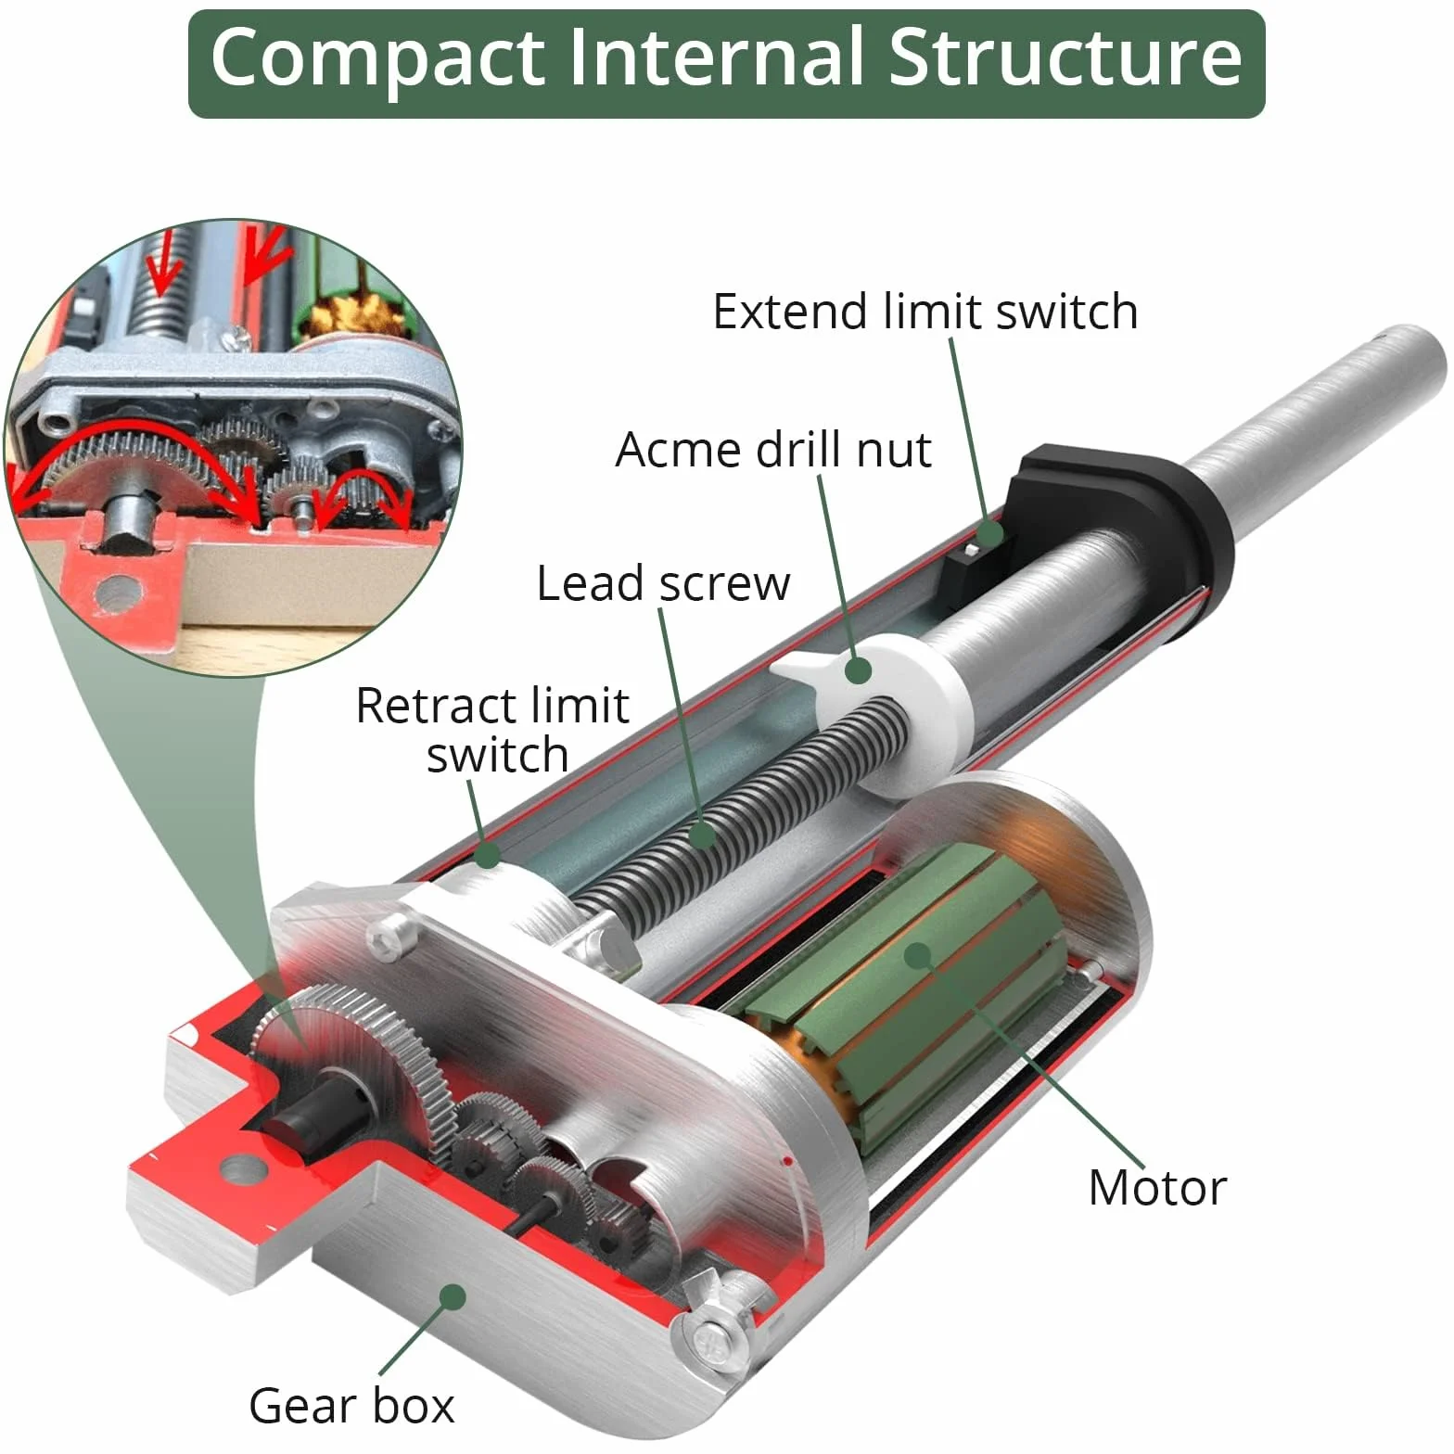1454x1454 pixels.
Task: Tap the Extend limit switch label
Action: pyautogui.click(x=925, y=312)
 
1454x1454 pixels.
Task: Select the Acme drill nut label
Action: pyautogui.click(x=773, y=450)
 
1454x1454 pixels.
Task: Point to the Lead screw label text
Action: pyautogui.click(x=664, y=583)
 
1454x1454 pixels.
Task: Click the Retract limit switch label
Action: pyautogui.click(x=493, y=730)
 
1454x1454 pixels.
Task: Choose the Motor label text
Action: pyautogui.click(x=1157, y=1188)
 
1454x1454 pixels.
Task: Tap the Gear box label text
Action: pyautogui.click(x=351, y=1405)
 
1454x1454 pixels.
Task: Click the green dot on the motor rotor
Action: pyautogui.click(x=917, y=954)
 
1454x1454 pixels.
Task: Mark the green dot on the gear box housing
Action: pyautogui.click(x=453, y=1295)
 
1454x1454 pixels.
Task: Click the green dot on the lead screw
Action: pyautogui.click(x=704, y=834)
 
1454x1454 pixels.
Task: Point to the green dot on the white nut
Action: pyautogui.click(x=859, y=670)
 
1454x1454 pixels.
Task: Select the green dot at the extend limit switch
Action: pyautogui.click(x=989, y=534)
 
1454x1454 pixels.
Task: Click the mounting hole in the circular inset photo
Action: pyautogui.click(x=115, y=591)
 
